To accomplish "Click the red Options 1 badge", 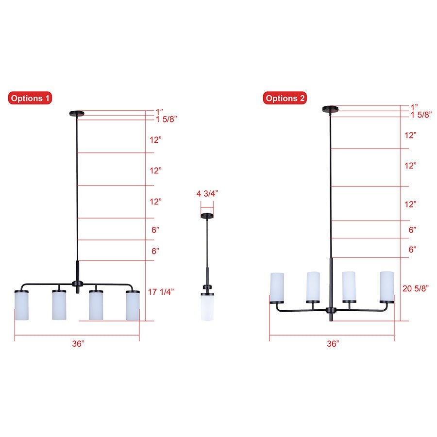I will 30,99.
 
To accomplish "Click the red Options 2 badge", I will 286,99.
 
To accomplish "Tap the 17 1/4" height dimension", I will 161,292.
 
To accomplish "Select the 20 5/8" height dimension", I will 416,288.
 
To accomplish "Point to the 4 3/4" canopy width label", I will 207,193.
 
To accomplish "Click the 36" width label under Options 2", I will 333,344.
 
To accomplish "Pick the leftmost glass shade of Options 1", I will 22,305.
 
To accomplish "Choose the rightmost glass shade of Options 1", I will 133,305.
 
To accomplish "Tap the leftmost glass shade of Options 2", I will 277,286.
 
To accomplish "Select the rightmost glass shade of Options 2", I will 387,286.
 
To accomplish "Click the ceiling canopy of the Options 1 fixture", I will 77,114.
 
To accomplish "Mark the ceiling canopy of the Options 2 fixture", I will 331,108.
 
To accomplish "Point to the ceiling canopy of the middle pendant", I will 207,216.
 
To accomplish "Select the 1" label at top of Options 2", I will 414,107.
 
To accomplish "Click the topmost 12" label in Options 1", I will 155,140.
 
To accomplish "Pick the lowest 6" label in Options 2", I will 412,249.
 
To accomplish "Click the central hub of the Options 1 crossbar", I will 77,283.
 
